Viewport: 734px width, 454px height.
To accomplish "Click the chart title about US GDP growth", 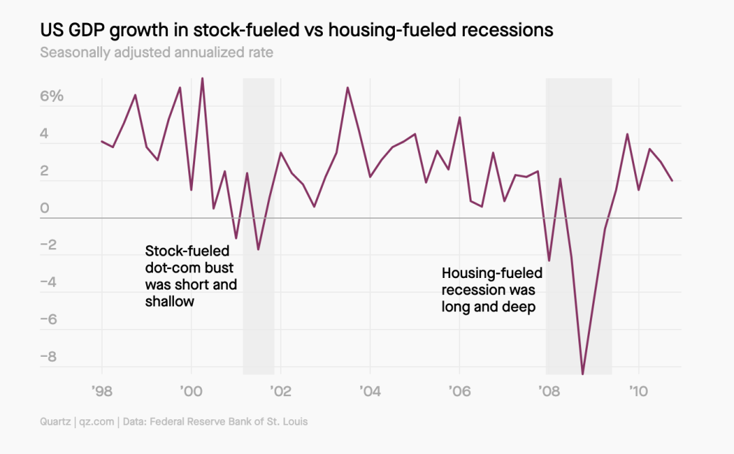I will point(296,31).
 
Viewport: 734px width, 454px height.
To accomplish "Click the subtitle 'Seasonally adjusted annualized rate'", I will point(156,52).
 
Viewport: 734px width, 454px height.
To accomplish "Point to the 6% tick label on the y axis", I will point(52,97).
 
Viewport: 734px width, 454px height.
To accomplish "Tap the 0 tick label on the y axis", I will point(45,209).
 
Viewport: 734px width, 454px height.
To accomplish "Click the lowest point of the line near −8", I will point(582,373).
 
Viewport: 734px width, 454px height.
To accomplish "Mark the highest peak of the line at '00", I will point(202,78).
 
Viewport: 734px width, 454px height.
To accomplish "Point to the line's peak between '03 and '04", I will point(347,88).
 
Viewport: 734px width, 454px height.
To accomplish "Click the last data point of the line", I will point(672,181).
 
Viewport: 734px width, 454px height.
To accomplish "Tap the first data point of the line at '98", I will point(102,141).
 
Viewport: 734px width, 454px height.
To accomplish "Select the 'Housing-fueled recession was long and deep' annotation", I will point(492,290).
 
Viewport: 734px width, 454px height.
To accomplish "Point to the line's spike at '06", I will point(459,118).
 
